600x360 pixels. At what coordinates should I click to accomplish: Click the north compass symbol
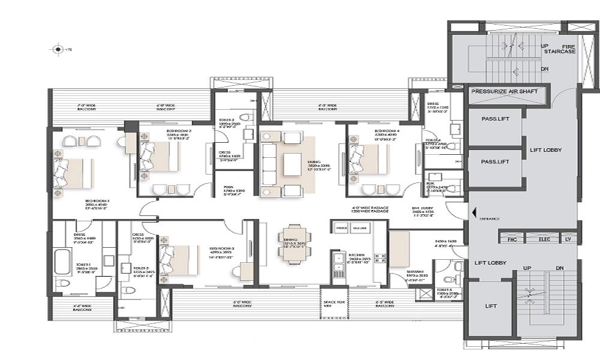click(x=58, y=49)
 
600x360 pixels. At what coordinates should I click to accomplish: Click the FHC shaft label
click(x=512, y=239)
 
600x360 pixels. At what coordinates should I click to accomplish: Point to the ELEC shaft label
click(x=544, y=239)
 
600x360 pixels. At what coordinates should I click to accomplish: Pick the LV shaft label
click(x=568, y=239)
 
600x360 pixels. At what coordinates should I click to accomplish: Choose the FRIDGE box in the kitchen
click(x=342, y=228)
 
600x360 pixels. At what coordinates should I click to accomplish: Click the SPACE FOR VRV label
click(x=334, y=304)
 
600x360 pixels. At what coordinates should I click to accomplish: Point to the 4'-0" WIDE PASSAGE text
click(x=370, y=208)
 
